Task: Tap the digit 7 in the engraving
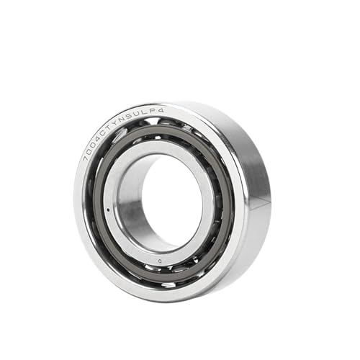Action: (88, 156)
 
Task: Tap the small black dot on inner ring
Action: (108, 210)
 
